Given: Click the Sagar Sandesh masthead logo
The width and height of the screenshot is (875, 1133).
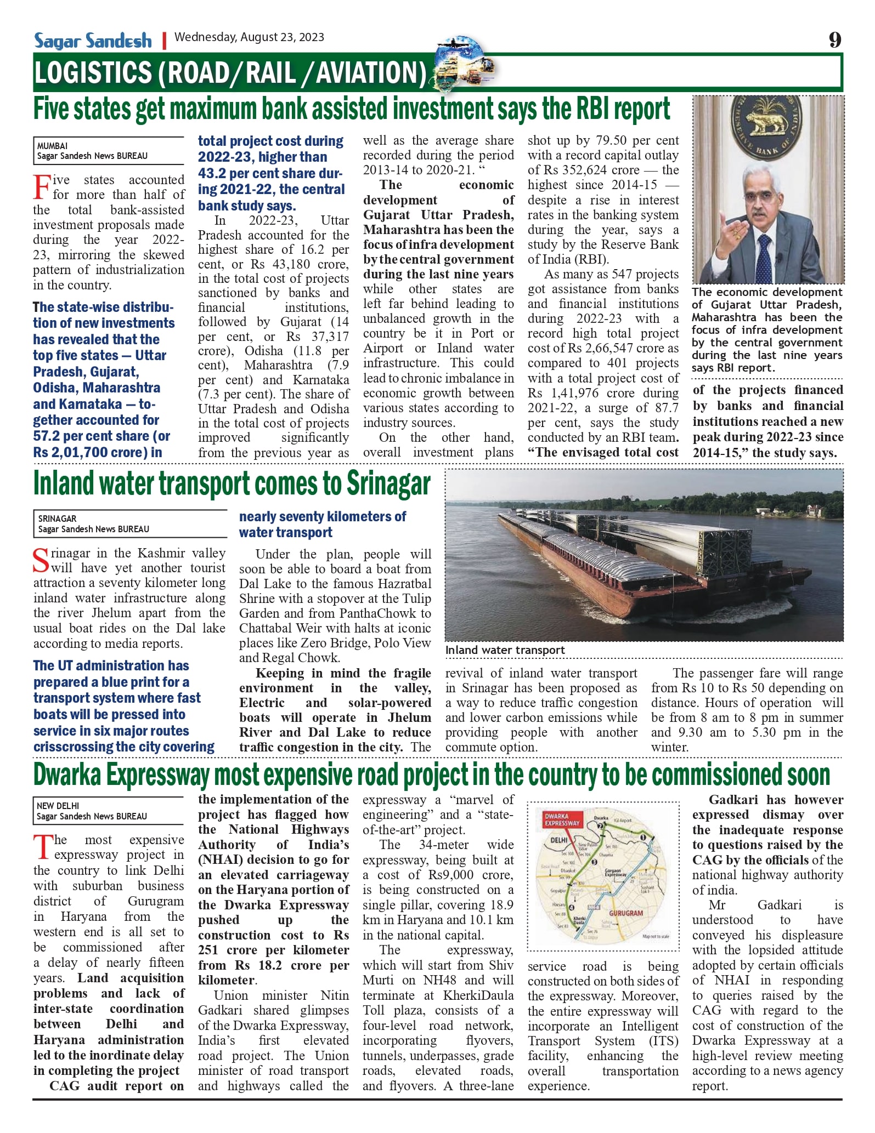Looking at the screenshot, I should [x=93, y=41].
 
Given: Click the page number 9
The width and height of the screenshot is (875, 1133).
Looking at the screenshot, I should [x=834, y=39].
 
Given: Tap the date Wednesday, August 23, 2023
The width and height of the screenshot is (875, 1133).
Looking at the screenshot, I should [x=249, y=37].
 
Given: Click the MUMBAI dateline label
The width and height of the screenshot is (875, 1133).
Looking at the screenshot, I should [x=53, y=146].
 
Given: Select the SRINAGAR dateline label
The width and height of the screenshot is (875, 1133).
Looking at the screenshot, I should [x=58, y=519].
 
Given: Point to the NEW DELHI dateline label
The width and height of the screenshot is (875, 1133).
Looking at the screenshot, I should [x=58, y=806].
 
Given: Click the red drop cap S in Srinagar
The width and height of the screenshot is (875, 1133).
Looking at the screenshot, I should [x=42, y=560].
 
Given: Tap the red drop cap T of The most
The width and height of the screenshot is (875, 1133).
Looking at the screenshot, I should [x=42, y=847].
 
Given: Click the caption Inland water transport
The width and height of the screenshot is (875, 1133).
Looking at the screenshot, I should [x=505, y=650].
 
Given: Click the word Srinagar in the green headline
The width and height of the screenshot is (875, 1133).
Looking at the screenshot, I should [x=388, y=484].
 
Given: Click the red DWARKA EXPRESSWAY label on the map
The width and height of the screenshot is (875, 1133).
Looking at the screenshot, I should [x=562, y=819].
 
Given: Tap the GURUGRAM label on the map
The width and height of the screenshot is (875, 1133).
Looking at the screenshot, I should [x=626, y=913].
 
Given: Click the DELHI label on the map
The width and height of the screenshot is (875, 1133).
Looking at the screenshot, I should [x=559, y=840].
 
